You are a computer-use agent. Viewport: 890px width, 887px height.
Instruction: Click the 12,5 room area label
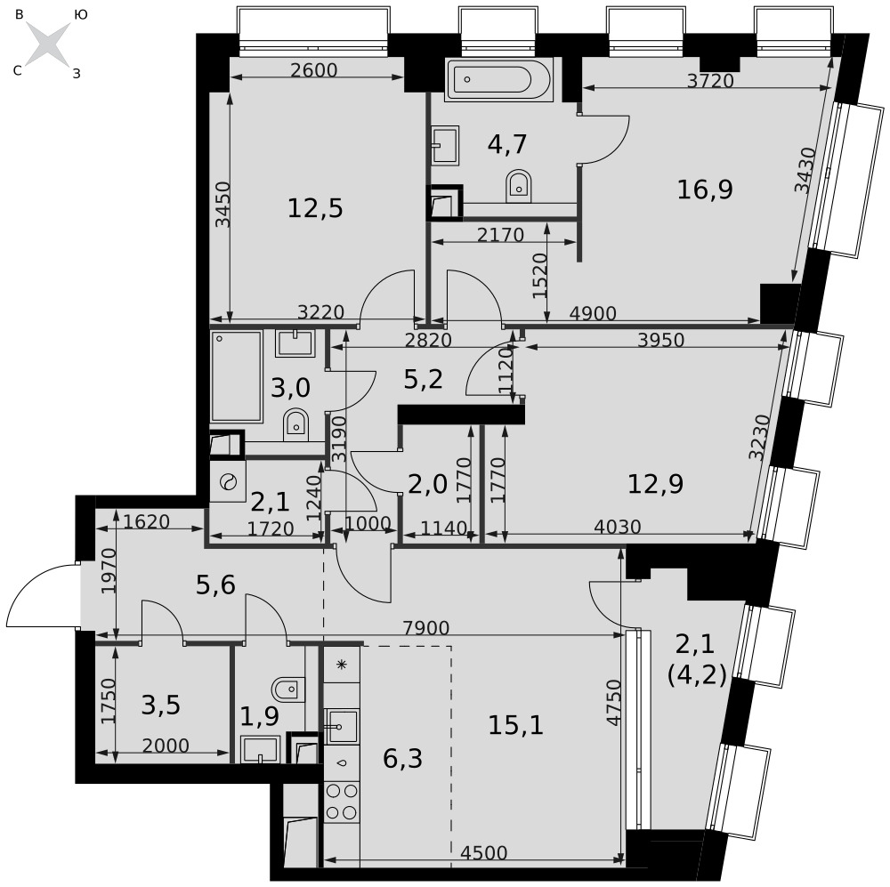[315, 208]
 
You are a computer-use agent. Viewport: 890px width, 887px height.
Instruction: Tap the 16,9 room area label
[704, 189]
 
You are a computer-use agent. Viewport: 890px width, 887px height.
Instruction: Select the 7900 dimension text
[425, 627]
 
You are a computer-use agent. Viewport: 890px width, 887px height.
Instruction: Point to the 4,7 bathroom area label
[507, 144]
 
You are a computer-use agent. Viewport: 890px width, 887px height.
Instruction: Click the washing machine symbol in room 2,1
[228, 482]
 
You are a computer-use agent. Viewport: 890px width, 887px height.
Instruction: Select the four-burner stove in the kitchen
[342, 802]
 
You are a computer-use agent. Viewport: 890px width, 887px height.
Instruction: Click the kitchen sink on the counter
[341, 726]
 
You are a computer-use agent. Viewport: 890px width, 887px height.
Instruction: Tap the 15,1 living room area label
[515, 725]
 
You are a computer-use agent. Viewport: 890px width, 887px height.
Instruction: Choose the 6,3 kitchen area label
[402, 758]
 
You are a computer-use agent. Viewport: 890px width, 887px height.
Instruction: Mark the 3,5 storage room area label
[160, 705]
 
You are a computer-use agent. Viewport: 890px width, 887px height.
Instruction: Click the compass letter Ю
[81, 15]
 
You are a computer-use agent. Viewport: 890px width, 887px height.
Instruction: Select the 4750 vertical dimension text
[613, 702]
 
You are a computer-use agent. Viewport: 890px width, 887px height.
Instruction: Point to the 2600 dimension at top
[313, 69]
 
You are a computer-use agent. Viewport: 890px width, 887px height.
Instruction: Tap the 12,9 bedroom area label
[655, 484]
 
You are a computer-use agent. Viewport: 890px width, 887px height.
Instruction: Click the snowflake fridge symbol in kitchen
[342, 665]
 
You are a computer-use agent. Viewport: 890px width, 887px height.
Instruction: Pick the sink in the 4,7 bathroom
[445, 145]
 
